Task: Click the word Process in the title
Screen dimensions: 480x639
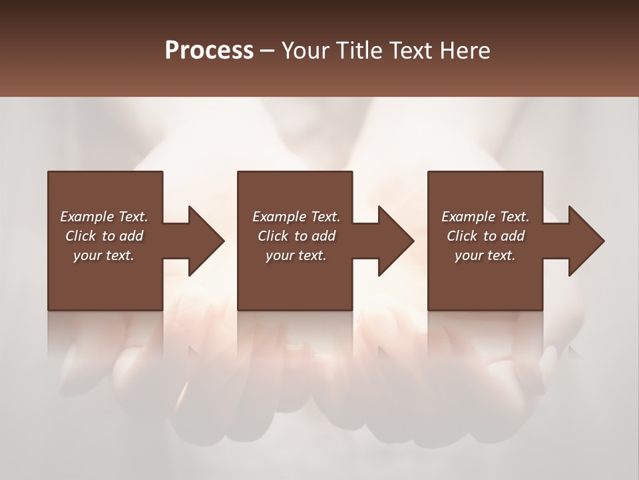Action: pos(209,51)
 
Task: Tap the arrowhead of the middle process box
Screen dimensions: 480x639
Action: pos(395,241)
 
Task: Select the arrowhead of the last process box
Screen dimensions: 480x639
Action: pos(586,241)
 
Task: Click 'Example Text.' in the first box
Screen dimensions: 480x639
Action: pos(104,217)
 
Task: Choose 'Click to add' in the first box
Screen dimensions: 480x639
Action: pos(104,236)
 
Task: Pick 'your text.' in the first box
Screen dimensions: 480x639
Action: pos(104,255)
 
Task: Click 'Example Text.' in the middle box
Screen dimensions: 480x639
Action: pos(296,217)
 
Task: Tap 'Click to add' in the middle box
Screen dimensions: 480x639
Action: pos(296,236)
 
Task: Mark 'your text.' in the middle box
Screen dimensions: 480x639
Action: pos(296,255)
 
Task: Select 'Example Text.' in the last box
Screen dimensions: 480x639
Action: pos(485,217)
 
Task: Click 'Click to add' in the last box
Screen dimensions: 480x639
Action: pos(485,236)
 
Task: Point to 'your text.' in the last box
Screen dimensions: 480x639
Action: pos(485,255)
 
